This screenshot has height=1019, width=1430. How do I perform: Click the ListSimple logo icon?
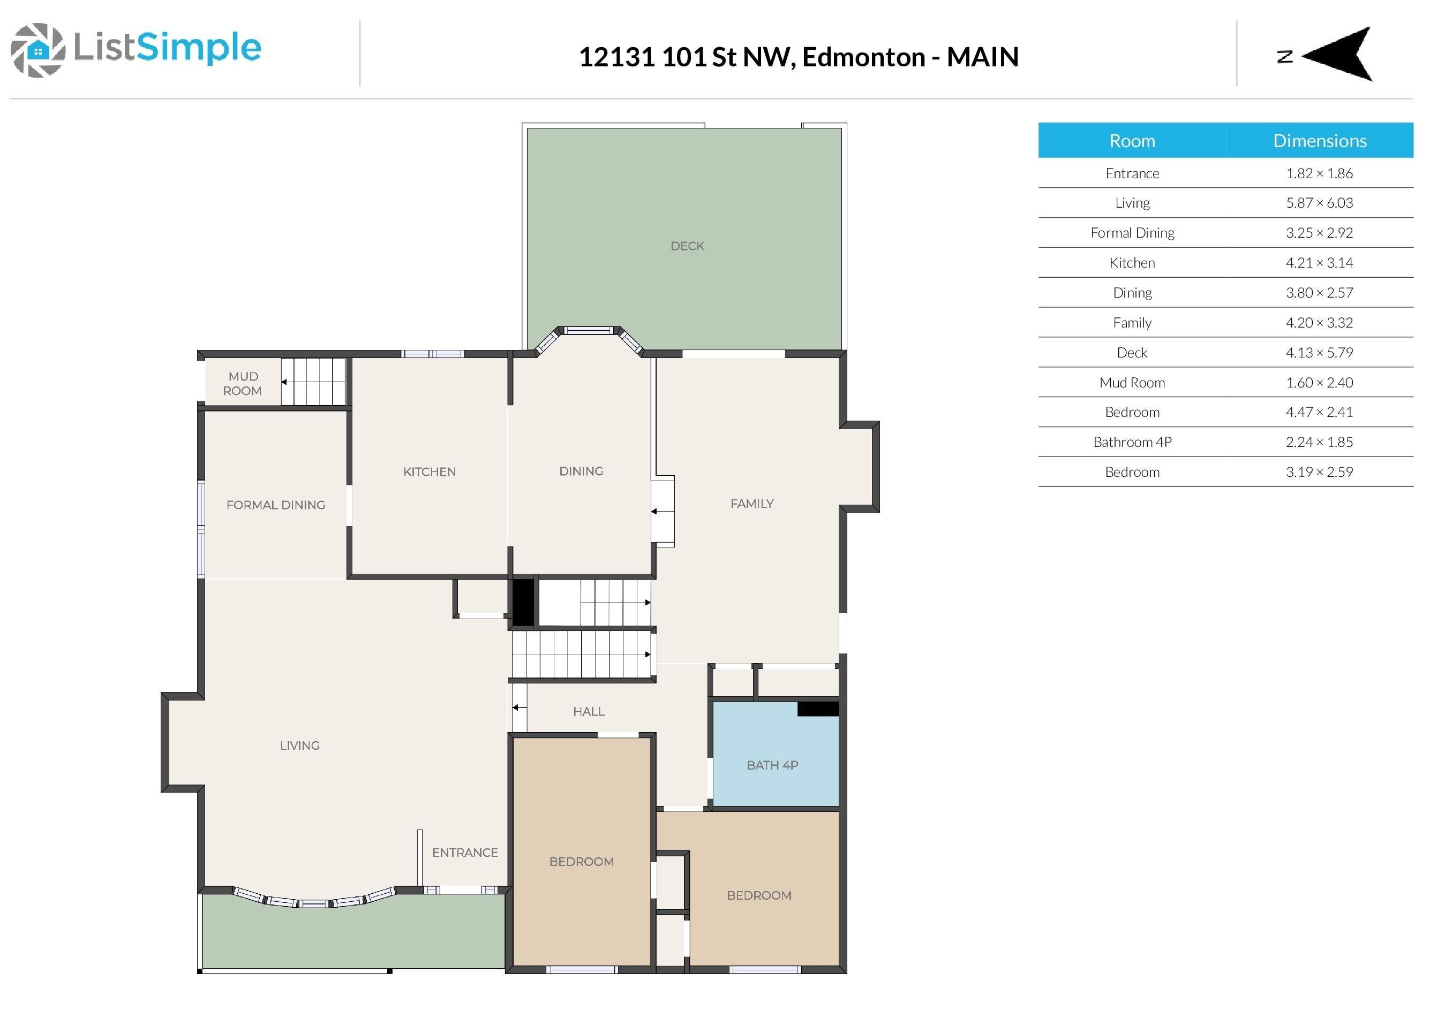coord(37,50)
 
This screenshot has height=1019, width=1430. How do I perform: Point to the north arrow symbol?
coord(1337,55)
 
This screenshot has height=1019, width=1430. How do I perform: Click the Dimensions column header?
coord(1320,141)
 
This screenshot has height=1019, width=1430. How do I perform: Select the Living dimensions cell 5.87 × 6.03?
coord(1319,203)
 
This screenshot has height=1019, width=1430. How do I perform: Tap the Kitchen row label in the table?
coord(1132,263)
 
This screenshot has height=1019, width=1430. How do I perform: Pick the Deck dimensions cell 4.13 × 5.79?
coord(1319,353)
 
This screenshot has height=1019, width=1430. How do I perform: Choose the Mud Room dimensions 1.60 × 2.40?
coord(1319,383)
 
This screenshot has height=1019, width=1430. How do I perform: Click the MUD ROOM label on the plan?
coord(243,383)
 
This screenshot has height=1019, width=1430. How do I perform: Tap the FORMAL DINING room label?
coord(276,505)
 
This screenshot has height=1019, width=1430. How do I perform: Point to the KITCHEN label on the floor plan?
coord(430,472)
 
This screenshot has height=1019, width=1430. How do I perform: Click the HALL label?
coord(588,712)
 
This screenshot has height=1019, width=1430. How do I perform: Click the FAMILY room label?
coord(751,504)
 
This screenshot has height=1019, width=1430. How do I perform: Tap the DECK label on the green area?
coord(687,246)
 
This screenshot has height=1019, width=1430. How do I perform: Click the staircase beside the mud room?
coord(313,382)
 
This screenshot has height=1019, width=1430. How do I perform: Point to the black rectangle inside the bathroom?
coord(818,709)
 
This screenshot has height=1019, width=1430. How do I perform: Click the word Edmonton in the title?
coord(863,57)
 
